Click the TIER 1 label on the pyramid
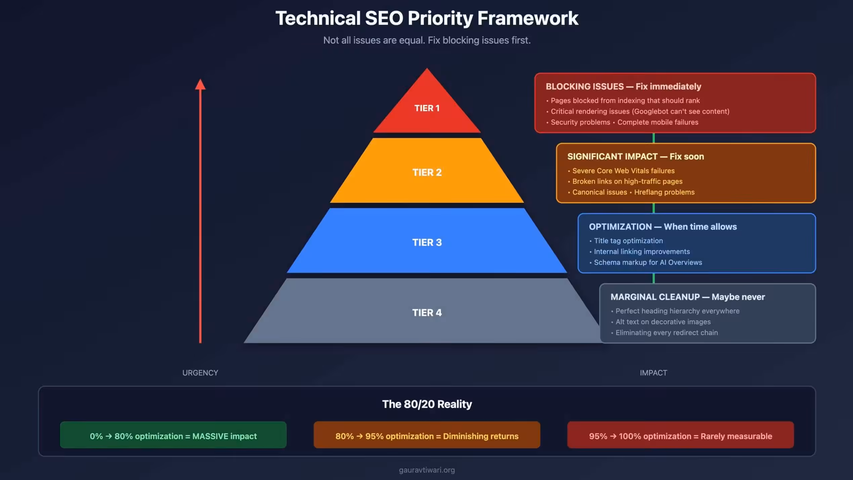pyautogui.click(x=427, y=108)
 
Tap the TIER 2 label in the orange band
pyautogui.click(x=427, y=172)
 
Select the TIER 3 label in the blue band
pyautogui.click(x=427, y=242)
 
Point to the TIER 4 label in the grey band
pyautogui.click(x=427, y=313)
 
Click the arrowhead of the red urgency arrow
pyautogui.click(x=200, y=85)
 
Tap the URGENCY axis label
pyautogui.click(x=200, y=373)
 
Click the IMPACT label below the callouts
pyautogui.click(x=653, y=373)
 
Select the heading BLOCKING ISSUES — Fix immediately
pyautogui.click(x=623, y=87)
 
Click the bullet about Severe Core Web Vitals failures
pyautogui.click(x=623, y=171)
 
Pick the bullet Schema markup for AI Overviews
pyautogui.click(x=648, y=262)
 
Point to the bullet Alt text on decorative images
pyautogui.click(x=663, y=322)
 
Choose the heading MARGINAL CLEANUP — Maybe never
pyautogui.click(x=687, y=297)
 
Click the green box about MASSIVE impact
pyautogui.click(x=173, y=436)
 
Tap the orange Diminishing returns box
pyautogui.click(x=427, y=436)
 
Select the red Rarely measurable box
pyautogui.click(x=680, y=436)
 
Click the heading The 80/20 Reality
pyautogui.click(x=427, y=404)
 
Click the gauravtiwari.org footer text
pyautogui.click(x=427, y=470)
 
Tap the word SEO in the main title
pyautogui.click(x=384, y=18)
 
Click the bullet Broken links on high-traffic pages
pyautogui.click(x=627, y=181)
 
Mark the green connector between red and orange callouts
pyautogui.click(x=654, y=138)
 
